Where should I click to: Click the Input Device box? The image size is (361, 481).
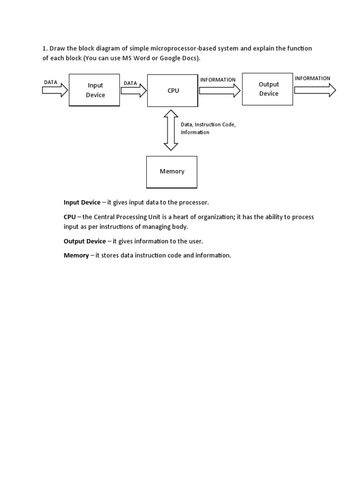point(94,90)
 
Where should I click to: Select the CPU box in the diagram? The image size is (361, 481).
point(172,90)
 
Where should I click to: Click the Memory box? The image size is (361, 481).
point(172,171)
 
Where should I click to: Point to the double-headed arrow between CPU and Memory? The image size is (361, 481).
point(171,130)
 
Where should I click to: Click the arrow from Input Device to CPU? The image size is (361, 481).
point(133,90)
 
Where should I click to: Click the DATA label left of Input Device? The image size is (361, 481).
point(50,82)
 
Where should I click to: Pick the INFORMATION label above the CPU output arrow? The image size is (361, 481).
point(218,80)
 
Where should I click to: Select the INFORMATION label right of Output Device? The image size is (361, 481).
point(313,78)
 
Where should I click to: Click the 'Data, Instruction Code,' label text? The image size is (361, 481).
point(208,124)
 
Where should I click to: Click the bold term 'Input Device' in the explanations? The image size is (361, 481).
point(82,202)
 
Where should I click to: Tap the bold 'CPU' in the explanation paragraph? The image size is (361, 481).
point(70,217)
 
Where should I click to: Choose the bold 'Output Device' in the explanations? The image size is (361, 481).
point(85,241)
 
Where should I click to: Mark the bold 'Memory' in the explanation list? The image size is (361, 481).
point(76,256)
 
